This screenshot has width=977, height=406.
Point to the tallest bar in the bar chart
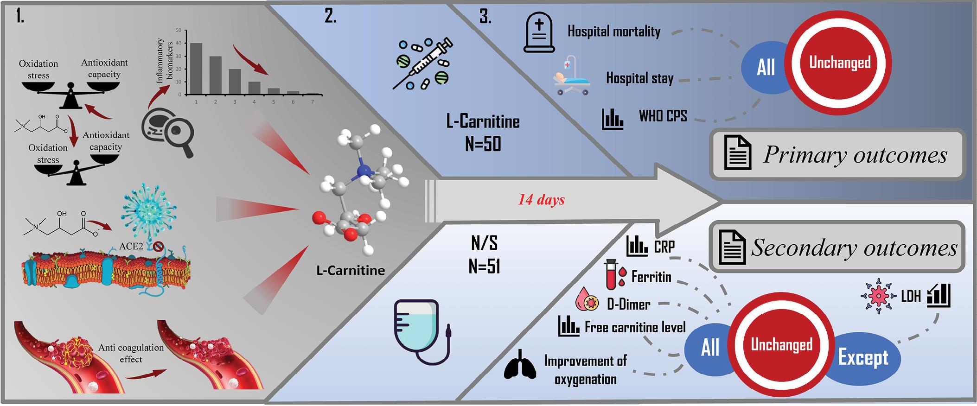[x=196, y=68]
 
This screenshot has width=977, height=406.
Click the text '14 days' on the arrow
[x=541, y=200]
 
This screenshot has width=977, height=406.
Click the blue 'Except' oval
[x=863, y=358]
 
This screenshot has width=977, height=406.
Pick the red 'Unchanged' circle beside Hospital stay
[x=840, y=63]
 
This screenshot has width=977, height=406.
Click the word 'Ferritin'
[x=651, y=277]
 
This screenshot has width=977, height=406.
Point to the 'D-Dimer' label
[x=628, y=304]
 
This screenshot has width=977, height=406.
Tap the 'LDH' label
[x=911, y=296]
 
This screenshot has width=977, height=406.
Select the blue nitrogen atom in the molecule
[x=365, y=172]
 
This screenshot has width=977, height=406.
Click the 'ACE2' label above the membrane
[x=131, y=246]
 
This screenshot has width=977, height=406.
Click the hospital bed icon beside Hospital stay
[x=571, y=76]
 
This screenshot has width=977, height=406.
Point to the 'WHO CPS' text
[x=663, y=116]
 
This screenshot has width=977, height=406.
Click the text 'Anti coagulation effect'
[x=131, y=353]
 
